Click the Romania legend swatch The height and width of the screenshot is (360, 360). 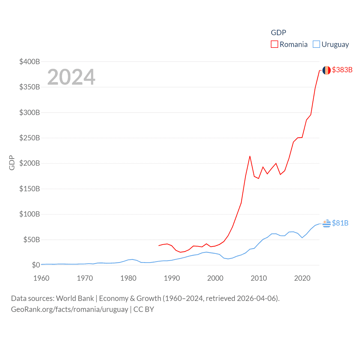[274, 44]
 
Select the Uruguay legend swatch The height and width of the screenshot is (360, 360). [316, 44]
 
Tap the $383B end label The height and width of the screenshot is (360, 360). [342, 70]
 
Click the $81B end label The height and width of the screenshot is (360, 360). [340, 223]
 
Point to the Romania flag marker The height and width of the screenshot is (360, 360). [327, 70]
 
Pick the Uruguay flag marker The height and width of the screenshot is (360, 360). [327, 223]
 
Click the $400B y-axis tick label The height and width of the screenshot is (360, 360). [30, 62]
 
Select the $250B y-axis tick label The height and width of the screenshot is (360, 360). [30, 138]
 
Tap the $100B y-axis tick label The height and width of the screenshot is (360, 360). [30, 214]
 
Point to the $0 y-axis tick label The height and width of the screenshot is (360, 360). [36, 265]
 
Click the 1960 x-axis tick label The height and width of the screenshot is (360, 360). [41, 278]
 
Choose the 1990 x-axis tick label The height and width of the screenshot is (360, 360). [172, 278]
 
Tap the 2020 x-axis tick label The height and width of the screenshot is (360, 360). [302, 278]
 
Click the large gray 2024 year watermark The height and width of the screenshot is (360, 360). [71, 77]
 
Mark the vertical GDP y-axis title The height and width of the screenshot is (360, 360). [12, 163]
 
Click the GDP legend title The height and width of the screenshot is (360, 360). [278, 33]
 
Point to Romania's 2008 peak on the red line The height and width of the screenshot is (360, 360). [250, 156]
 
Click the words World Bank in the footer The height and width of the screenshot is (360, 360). [75, 298]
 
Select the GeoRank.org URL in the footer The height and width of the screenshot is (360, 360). [69, 309]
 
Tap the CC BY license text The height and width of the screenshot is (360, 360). [144, 309]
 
